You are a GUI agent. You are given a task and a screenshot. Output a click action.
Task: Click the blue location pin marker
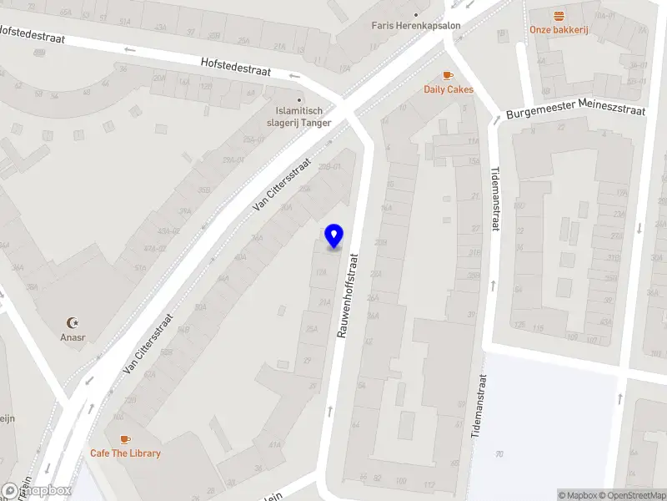(334, 235)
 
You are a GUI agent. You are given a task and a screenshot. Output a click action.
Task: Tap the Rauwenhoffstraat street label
(347, 296)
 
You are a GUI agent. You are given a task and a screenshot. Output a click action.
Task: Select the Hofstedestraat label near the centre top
(236, 66)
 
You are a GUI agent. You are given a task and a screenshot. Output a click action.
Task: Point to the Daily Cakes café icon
(449, 75)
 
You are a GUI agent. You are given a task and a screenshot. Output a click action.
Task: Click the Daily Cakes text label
(449, 89)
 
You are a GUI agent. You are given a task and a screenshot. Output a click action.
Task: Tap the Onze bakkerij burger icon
(559, 15)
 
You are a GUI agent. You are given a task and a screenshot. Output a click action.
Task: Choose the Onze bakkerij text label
(559, 30)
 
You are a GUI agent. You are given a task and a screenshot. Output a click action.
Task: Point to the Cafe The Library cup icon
(125, 438)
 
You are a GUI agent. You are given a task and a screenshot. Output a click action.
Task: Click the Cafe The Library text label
(125, 453)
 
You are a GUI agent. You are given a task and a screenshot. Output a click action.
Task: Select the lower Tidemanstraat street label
(481, 407)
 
